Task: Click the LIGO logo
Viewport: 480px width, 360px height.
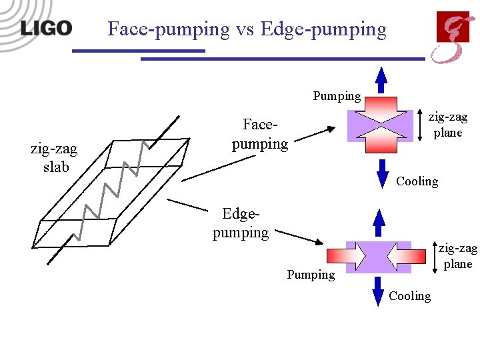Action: pyautogui.click(x=46, y=28)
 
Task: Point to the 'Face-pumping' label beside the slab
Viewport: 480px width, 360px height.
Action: pyautogui.click(x=259, y=134)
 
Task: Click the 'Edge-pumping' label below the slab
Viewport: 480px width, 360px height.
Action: pyautogui.click(x=241, y=223)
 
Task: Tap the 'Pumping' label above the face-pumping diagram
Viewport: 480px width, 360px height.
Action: pyautogui.click(x=337, y=95)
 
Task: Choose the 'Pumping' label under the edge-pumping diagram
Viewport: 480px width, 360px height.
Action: pyautogui.click(x=311, y=274)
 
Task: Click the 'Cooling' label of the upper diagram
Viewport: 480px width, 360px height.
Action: pyautogui.click(x=417, y=181)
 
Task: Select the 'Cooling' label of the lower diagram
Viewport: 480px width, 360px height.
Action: pyautogui.click(x=409, y=295)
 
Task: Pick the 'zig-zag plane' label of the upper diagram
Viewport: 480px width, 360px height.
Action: pyautogui.click(x=447, y=124)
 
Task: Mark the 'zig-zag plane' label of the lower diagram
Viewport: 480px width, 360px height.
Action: pyautogui.click(x=457, y=256)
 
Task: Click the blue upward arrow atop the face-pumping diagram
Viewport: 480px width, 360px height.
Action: pyautogui.click(x=381, y=80)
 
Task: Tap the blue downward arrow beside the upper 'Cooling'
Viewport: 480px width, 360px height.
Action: pyautogui.click(x=382, y=173)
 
